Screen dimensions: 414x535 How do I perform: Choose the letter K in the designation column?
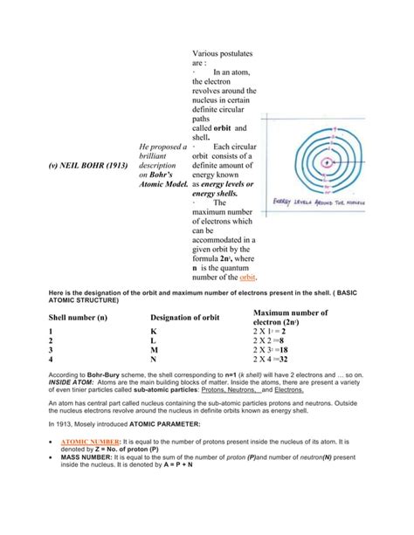[x=154, y=333]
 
